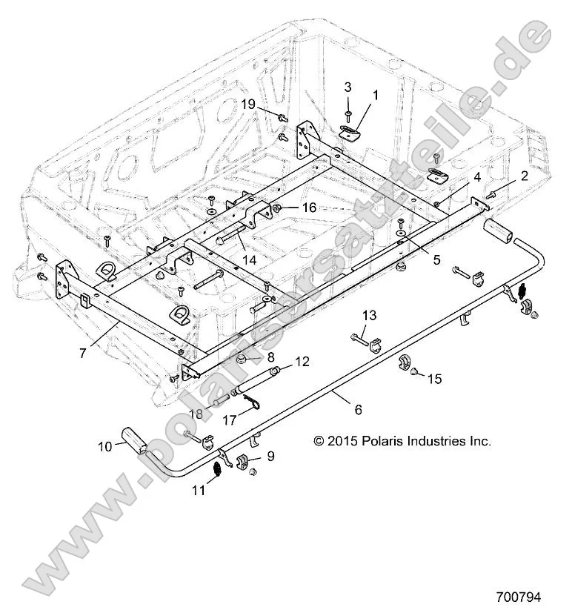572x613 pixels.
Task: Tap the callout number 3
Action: (347, 87)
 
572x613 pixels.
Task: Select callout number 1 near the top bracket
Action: (375, 95)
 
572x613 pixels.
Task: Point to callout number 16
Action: (308, 208)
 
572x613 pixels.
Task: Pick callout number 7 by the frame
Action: (83, 353)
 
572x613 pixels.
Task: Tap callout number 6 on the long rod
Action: (358, 408)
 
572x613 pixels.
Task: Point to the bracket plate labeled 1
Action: (348, 131)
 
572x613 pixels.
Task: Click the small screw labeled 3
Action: (347, 113)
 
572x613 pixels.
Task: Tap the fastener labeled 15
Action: (415, 368)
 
